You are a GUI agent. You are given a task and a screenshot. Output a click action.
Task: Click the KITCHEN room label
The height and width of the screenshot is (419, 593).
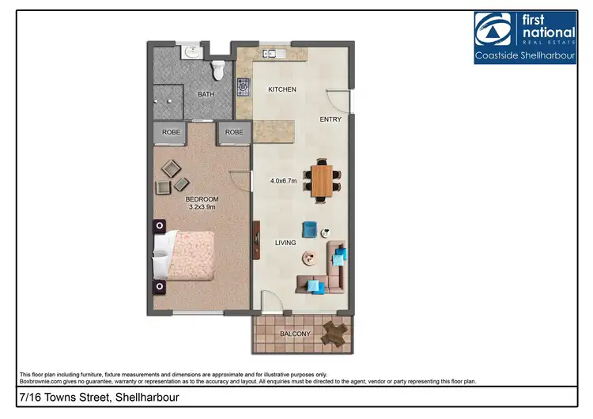[282, 89]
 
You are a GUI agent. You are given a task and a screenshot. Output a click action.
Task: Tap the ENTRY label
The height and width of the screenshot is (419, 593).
[330, 119]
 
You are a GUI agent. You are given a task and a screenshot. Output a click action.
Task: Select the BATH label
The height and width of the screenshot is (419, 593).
[206, 94]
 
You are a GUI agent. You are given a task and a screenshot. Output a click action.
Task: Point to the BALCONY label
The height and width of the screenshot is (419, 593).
[295, 334]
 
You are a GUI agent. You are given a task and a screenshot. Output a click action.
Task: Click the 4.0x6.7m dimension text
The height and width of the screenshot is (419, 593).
[283, 181]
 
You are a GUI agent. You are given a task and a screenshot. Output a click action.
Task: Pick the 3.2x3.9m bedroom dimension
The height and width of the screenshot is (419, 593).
[201, 207]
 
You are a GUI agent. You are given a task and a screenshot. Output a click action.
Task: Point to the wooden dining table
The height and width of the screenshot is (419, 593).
[321, 179]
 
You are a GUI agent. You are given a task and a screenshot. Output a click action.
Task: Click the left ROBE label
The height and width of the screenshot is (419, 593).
[172, 132]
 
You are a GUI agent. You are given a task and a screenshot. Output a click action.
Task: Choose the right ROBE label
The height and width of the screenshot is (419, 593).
[234, 132]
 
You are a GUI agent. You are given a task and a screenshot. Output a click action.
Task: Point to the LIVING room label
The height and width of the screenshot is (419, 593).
[285, 243]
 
